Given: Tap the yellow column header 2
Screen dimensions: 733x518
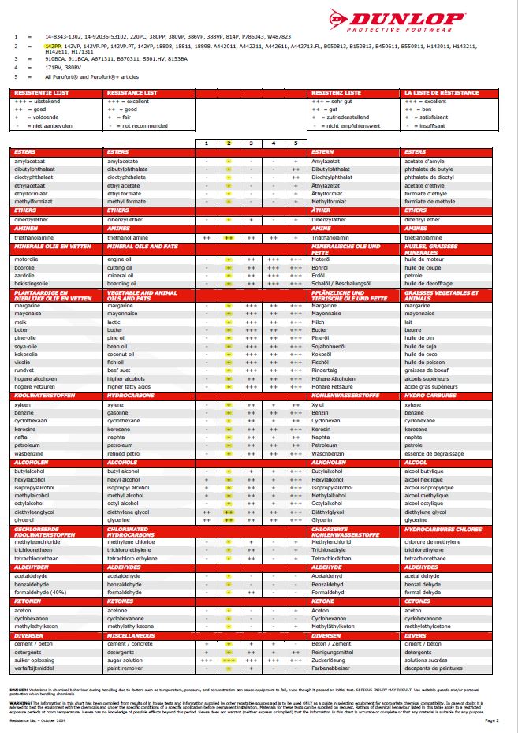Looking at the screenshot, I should pos(228,143).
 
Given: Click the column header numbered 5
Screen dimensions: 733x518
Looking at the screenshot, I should pos(295,143).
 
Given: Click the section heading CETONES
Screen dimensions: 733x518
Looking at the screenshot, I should pos(417,601).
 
